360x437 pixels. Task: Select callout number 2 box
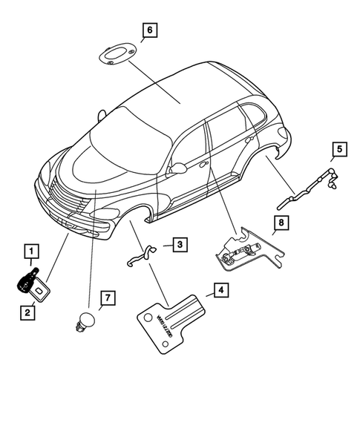(27, 313)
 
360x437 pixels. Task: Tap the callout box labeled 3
(180, 243)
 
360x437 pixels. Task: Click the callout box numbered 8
(281, 221)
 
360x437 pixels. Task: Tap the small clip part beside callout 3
(143, 254)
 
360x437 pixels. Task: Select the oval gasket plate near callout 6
(115, 56)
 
